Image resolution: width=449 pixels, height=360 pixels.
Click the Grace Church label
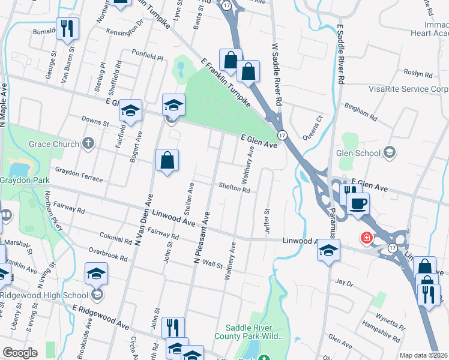click(x=54, y=144)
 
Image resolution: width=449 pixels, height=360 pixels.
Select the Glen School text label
click(x=360, y=152)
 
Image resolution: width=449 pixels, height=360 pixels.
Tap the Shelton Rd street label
click(x=234, y=188)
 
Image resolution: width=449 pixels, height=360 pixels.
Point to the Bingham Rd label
click(x=360, y=110)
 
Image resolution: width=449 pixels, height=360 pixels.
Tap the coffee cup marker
click(x=358, y=203)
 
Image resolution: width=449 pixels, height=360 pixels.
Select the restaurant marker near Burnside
click(x=67, y=28)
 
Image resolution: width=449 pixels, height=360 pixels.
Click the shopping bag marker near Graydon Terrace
click(x=167, y=160)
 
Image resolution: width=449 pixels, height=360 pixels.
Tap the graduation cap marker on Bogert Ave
click(x=130, y=110)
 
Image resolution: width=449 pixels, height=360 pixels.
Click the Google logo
click(x=20, y=353)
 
